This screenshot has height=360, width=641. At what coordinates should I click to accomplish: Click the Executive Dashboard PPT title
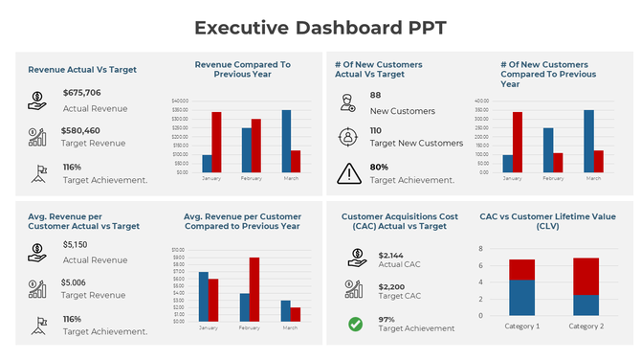click(x=320, y=28)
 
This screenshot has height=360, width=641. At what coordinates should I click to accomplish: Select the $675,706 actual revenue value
click(x=81, y=93)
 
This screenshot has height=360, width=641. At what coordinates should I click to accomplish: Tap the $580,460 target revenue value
click(x=80, y=130)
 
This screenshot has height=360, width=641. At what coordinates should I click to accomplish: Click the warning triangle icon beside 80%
click(x=349, y=174)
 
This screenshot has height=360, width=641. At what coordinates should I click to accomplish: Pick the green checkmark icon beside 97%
click(x=355, y=325)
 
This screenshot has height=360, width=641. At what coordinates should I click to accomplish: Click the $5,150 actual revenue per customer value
click(x=76, y=245)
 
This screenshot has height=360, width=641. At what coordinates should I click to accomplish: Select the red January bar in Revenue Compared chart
click(x=217, y=142)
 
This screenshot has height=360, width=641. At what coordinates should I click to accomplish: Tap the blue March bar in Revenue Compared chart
click(x=286, y=141)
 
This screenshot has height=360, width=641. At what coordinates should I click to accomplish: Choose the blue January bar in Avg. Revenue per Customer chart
click(x=204, y=296)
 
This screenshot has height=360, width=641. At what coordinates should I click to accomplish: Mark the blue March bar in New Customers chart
click(x=588, y=141)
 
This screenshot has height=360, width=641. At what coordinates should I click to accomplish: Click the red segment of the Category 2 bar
click(x=586, y=276)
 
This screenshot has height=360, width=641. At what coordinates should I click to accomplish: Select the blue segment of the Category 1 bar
click(x=521, y=298)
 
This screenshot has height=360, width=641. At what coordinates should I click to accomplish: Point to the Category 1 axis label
click(x=521, y=326)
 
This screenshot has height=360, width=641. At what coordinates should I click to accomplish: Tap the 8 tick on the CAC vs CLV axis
click(x=480, y=247)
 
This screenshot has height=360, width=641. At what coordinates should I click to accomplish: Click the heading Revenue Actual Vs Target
click(x=82, y=70)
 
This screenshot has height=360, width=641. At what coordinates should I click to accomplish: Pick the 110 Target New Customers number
click(x=375, y=130)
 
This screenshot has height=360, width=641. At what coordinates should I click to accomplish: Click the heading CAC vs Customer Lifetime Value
click(x=547, y=222)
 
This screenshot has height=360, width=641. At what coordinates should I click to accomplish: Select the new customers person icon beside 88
click(x=348, y=102)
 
